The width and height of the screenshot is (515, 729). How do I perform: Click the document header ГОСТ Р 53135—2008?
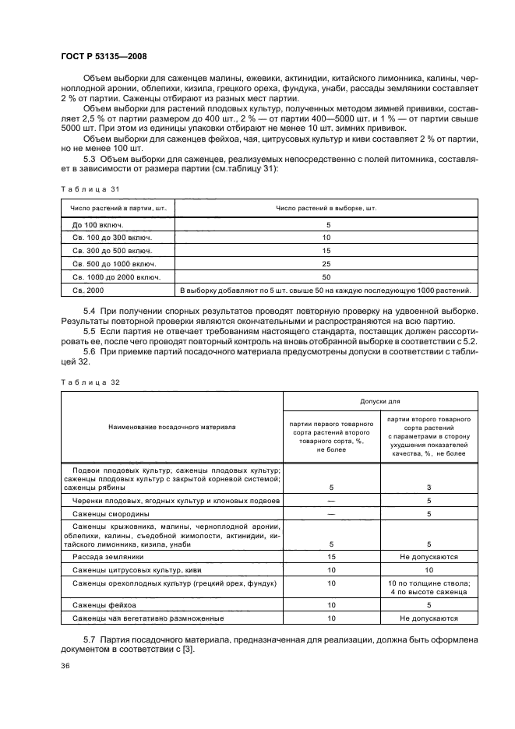pyautogui.click(x=104, y=56)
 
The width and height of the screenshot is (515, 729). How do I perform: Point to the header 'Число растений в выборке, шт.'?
pyautogui.click(x=326, y=208)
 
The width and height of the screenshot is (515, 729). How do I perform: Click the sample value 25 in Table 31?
pyautogui.click(x=326, y=263)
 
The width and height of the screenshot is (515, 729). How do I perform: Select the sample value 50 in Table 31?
pyautogui.click(x=326, y=276)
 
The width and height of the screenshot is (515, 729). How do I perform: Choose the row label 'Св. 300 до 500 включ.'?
pyautogui.click(x=110, y=250)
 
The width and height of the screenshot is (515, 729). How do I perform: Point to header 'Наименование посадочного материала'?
pyautogui.click(x=171, y=427)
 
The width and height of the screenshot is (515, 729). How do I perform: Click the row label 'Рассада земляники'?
pyautogui.click(x=108, y=557)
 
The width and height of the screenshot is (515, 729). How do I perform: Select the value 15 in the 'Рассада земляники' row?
pyautogui.click(x=331, y=557)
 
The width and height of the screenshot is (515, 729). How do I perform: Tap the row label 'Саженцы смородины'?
pyautogui.click(x=111, y=514)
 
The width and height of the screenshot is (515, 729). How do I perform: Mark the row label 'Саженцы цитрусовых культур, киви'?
pyautogui.click(x=137, y=570)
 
